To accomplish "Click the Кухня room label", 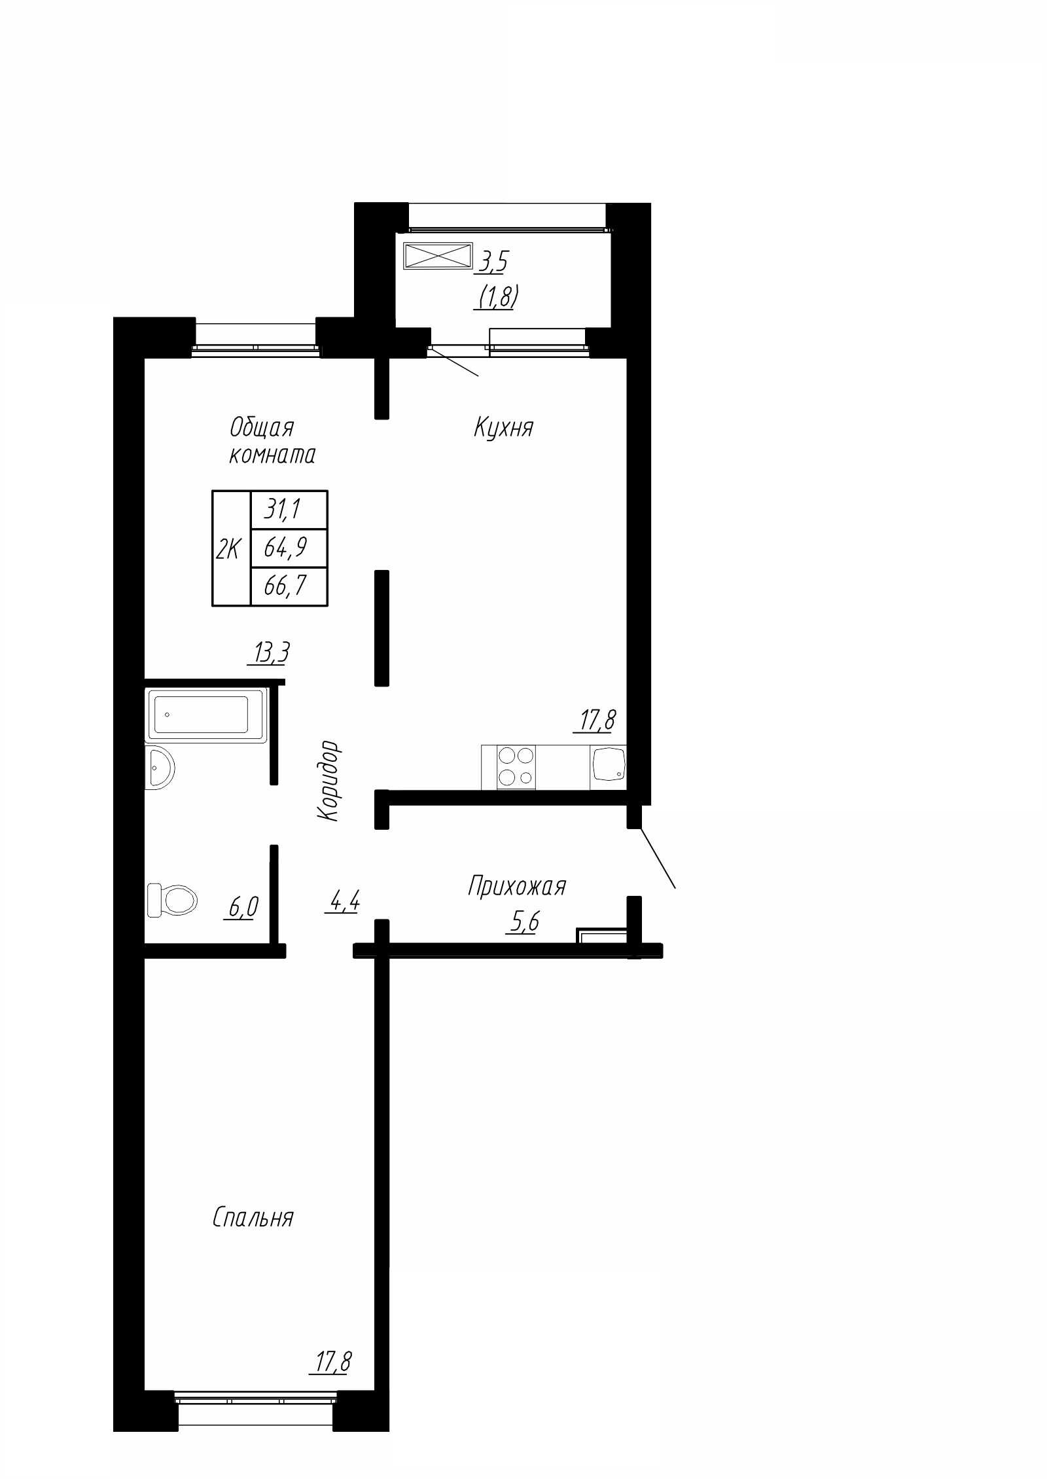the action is pos(503,428).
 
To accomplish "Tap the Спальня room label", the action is pos(253,1218).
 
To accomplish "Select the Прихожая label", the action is pos(516,887).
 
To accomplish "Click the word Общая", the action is pos(262,428).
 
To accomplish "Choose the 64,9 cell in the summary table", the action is pos(289,547).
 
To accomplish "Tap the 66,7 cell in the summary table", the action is pos(289,586).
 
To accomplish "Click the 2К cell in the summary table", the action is pos(232,548).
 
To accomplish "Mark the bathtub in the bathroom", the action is pos(207,715).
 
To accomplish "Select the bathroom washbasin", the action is pos(160,766).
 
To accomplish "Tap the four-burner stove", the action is pos(516,767).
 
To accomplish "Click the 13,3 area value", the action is pos(268,652).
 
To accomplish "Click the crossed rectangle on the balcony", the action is pos(438,255).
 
